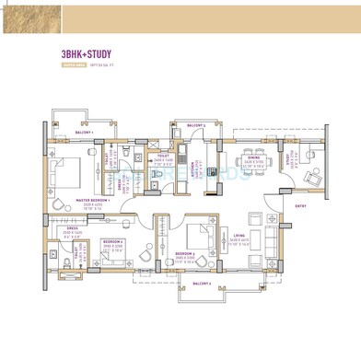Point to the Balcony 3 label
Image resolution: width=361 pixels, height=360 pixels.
coord(196,125)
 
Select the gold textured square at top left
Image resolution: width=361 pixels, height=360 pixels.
coord(30,17)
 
